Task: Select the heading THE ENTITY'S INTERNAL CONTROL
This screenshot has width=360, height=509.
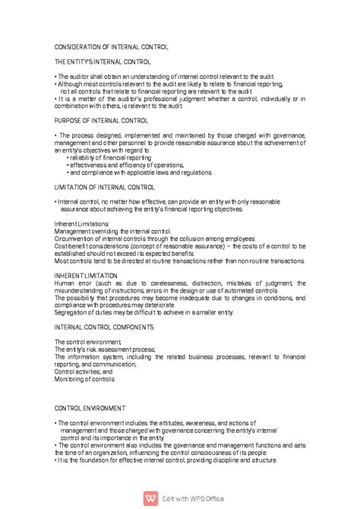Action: (x=103, y=61)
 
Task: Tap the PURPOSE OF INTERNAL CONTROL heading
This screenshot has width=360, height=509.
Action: (x=102, y=120)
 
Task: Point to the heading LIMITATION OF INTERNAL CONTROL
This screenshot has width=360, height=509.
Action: (x=105, y=186)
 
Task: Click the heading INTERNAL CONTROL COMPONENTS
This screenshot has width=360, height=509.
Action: (x=104, y=327)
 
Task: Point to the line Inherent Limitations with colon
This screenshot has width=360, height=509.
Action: (x=82, y=224)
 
